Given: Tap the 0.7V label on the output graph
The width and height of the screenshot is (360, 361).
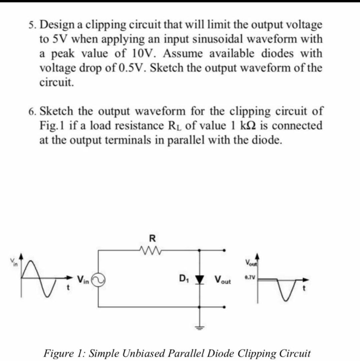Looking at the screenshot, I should point(249,277).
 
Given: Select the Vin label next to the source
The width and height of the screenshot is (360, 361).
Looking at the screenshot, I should point(83,279).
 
